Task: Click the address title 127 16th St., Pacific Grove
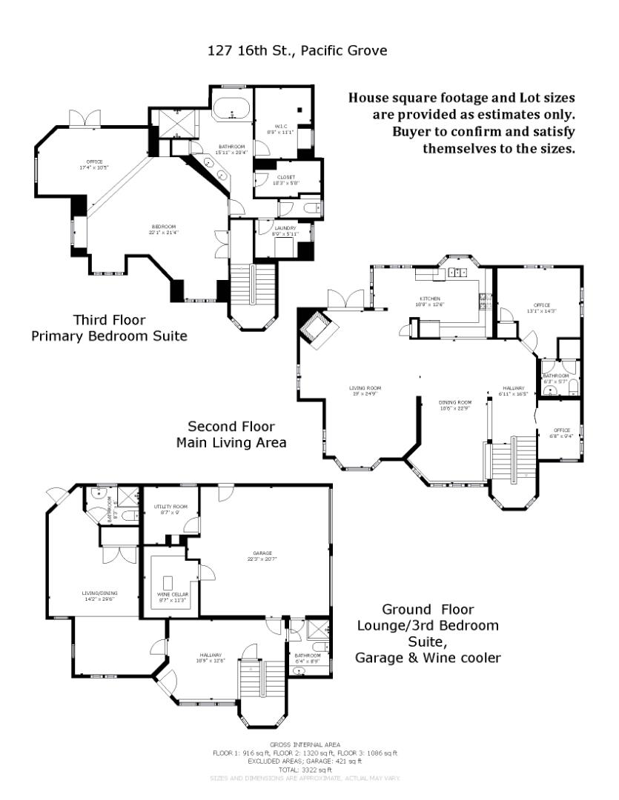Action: click(x=298, y=50)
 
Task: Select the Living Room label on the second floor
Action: click(x=366, y=390)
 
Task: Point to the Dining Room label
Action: click(x=456, y=404)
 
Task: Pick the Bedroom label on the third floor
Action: click(x=164, y=229)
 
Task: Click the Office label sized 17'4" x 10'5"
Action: click(x=94, y=164)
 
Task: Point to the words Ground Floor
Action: click(x=427, y=610)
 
